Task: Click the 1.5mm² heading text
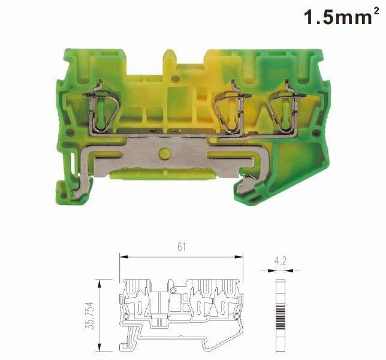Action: pyautogui.click(x=342, y=17)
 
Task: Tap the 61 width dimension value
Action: pyautogui.click(x=181, y=247)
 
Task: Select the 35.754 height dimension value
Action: pyautogui.click(x=90, y=315)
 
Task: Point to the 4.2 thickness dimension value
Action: pyautogui.click(x=280, y=261)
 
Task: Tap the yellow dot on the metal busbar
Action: pyautogui.click(x=165, y=153)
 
